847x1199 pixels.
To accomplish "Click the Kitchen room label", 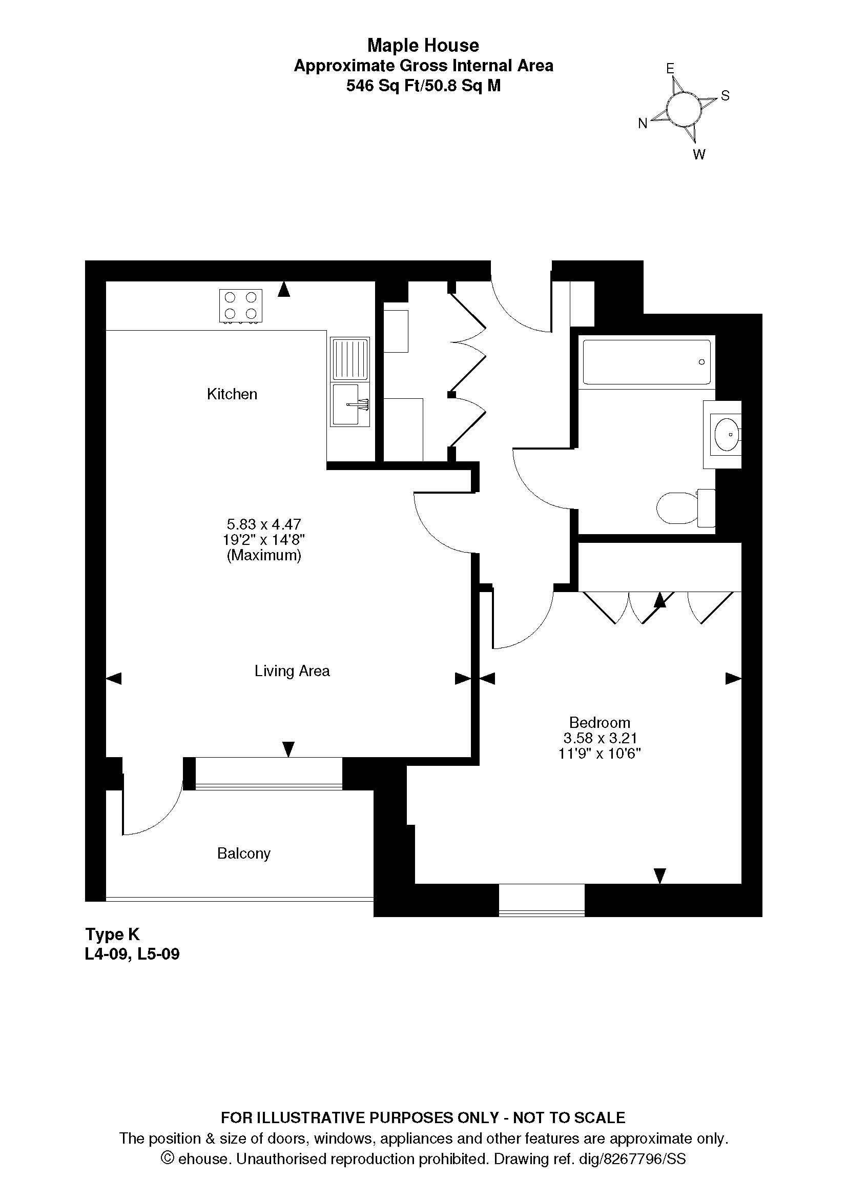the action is (232, 394).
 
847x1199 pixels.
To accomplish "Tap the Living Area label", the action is (292, 670).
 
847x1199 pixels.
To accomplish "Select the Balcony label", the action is (244, 854).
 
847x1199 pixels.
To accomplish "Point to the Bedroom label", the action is (600, 723).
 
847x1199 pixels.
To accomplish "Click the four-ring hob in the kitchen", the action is (241, 306).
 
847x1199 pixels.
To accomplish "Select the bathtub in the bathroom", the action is (647, 362).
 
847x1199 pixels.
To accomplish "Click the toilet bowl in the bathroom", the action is (677, 508).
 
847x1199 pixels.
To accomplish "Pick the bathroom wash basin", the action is (726, 434).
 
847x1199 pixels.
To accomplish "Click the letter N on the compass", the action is (643, 124).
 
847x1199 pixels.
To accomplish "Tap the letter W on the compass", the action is (699, 155).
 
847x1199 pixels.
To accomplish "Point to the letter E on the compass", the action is (670, 68).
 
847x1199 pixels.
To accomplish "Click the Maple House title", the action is (423, 46).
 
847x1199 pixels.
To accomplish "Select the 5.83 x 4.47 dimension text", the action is (264, 524).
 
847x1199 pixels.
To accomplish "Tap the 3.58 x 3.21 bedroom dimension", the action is (600, 738).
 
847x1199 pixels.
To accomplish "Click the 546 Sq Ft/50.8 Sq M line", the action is (423, 86).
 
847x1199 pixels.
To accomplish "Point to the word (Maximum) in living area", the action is (264, 555).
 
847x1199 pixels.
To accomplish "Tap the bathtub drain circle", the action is (702, 362).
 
